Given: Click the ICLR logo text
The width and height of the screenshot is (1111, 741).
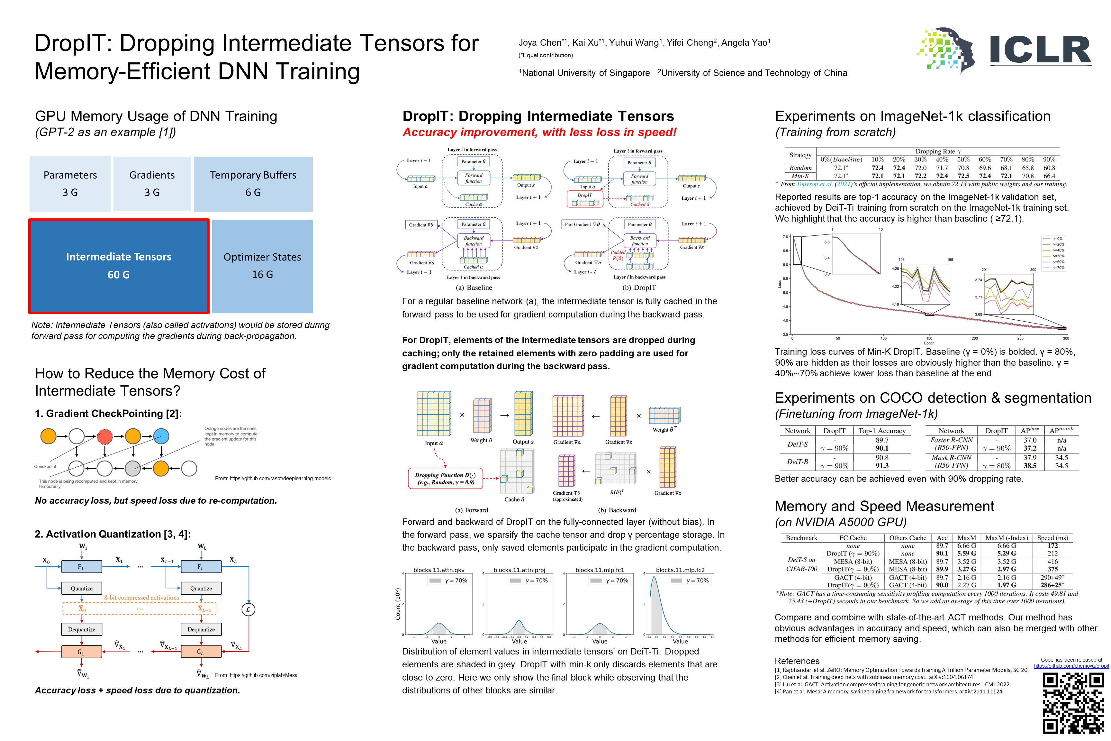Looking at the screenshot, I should pos(1040,50).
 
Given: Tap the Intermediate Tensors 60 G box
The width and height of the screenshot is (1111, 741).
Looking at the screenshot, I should pos(119,266).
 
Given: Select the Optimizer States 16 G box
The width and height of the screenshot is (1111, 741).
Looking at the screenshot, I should pos(262,266).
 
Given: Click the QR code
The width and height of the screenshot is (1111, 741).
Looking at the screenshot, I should pos(1073,703).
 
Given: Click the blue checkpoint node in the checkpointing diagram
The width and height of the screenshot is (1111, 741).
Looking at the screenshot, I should pos(161,436).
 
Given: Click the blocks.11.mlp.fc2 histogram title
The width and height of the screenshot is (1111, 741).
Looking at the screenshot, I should pos(680,570).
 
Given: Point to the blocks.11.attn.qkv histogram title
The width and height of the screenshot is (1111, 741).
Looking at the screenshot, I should pos(439,570).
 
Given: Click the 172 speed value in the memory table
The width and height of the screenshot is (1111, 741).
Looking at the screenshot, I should pos(1052,546).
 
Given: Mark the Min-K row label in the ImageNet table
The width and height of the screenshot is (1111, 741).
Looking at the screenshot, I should pos(800,176).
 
